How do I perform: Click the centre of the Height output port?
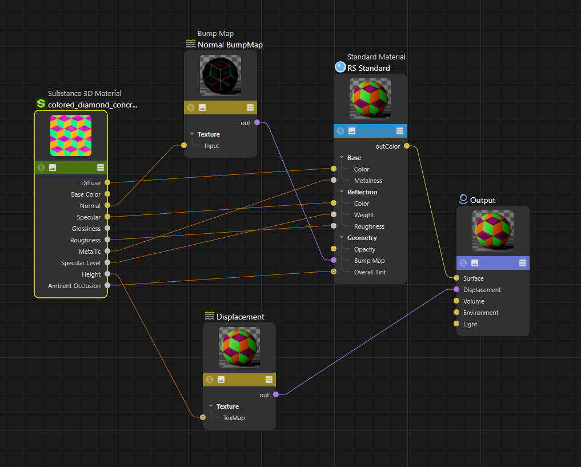(x=107, y=274)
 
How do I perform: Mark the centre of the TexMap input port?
(x=203, y=417)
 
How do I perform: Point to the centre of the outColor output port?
(x=407, y=146)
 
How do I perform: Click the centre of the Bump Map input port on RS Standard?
(x=334, y=260)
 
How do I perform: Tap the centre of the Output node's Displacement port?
(x=456, y=289)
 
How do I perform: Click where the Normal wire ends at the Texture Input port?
(x=184, y=145)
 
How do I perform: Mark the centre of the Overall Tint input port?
(x=334, y=272)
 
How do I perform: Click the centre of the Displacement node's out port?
(x=276, y=394)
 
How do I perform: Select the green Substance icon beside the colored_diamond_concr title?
(x=41, y=103)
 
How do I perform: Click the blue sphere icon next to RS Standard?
(x=340, y=67)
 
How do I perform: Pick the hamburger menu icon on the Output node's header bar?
(x=523, y=263)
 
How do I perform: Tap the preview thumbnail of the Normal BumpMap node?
(x=221, y=75)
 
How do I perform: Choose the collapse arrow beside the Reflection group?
(x=342, y=191)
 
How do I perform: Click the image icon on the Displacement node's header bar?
(x=221, y=380)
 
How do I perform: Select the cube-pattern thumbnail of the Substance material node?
(x=71, y=135)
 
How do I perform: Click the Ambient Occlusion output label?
(x=74, y=286)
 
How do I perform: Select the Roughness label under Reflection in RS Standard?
(x=369, y=226)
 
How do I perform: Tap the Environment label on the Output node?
(x=480, y=313)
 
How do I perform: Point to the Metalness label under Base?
(x=368, y=181)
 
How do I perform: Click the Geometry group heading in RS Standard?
(x=362, y=238)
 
